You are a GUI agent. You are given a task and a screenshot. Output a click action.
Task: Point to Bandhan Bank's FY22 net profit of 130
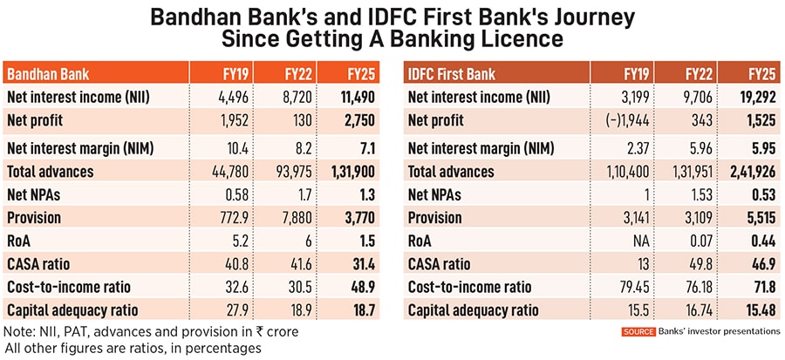point(293,120)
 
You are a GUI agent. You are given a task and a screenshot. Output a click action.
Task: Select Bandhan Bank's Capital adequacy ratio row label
point(75,309)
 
